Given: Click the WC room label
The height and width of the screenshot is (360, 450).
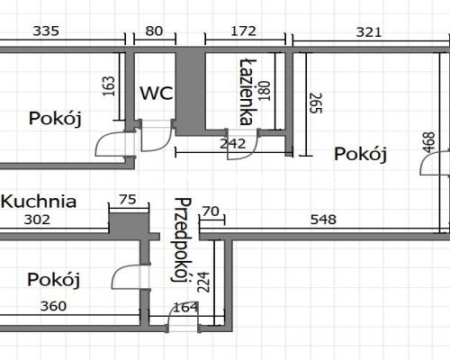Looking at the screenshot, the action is [157, 93].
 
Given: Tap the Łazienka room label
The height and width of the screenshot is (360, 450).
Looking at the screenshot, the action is [248, 92].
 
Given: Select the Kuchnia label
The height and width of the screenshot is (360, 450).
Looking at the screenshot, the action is [39, 202].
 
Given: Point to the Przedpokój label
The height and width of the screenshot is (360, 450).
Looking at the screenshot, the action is [182, 240].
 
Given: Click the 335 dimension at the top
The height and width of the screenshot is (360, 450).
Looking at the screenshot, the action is [46, 31].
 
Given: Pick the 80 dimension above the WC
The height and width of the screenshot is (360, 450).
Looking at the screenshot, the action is [154, 31].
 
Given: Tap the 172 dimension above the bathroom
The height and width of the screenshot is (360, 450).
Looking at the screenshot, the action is [243, 31].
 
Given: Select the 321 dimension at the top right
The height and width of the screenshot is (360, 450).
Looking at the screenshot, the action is [369, 31].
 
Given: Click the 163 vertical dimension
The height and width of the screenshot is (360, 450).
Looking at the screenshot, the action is [109, 86].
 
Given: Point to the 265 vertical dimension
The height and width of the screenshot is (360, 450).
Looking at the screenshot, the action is [316, 103].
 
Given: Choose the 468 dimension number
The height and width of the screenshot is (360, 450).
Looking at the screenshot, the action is [428, 142].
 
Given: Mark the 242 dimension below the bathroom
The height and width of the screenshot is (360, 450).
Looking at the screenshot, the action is [233, 144].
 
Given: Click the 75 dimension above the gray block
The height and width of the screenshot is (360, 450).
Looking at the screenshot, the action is [128, 200].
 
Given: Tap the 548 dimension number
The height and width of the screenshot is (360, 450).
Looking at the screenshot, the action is [323, 220].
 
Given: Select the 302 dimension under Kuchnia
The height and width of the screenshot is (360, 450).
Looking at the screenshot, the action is [37, 220].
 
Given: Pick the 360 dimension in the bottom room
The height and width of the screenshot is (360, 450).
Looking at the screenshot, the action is [53, 306].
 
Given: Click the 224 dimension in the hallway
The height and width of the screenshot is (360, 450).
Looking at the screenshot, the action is [203, 283].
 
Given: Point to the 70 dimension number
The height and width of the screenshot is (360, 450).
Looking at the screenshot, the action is [211, 211].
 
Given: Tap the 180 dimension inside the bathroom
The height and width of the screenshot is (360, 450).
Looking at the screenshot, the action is [265, 91].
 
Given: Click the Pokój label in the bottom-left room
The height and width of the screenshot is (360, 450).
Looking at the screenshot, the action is [54, 280].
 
